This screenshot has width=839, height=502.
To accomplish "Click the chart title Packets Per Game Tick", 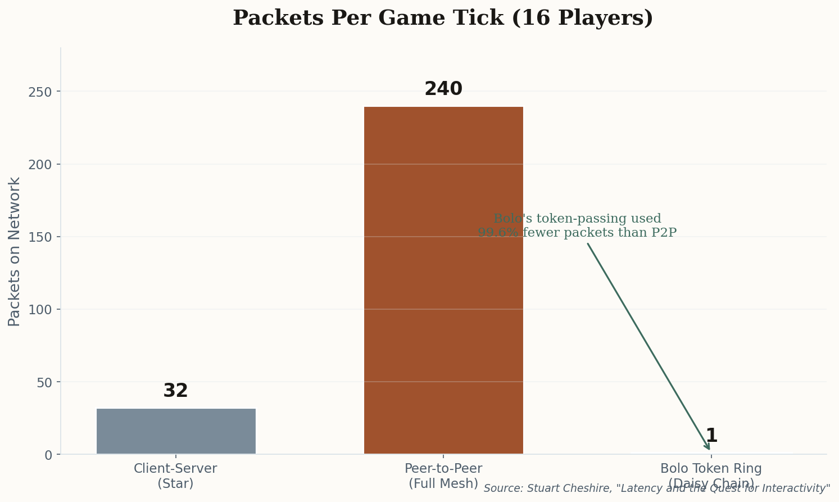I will click(x=442, y=18).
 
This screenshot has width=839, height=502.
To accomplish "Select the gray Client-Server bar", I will click(x=176, y=431).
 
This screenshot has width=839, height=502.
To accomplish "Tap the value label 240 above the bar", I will click(x=443, y=89).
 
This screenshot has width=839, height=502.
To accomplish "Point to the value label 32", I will click(x=176, y=391).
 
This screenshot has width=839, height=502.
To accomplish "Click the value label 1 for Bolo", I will click(x=711, y=436).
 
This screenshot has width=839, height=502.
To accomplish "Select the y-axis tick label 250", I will click(x=40, y=92).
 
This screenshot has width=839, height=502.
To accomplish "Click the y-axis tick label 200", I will click(x=40, y=164).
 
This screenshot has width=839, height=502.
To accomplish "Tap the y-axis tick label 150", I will click(x=40, y=237).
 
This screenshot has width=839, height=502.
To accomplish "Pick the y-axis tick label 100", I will click(x=40, y=309).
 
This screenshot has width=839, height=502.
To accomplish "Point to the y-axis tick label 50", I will click(x=44, y=382).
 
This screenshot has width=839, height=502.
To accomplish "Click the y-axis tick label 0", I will click(x=48, y=455).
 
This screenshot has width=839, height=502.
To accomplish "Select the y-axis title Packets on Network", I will click(x=15, y=251).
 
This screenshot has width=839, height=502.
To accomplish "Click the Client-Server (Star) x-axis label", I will click(x=176, y=476).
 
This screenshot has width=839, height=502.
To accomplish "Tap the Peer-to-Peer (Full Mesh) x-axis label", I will click(x=443, y=476).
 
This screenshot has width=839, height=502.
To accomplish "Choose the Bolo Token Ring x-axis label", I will click(x=711, y=469).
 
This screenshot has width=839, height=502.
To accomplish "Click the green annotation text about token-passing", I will click(x=577, y=226).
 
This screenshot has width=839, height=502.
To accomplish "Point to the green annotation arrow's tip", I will click(x=709, y=449).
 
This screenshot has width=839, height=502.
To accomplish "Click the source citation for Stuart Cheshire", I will click(x=657, y=489).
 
